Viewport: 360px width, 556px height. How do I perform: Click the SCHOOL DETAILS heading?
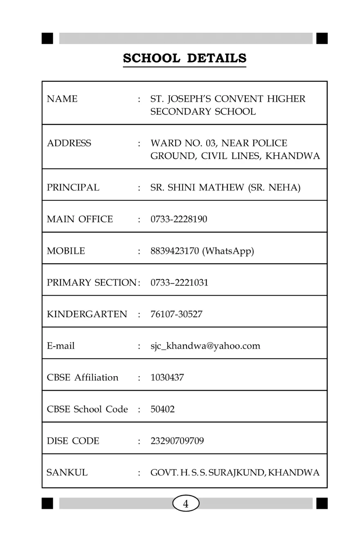pyautogui.click(x=184, y=58)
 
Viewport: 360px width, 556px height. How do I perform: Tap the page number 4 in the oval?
pyautogui.click(x=186, y=504)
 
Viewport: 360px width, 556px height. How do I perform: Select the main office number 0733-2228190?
pyautogui.click(x=179, y=220)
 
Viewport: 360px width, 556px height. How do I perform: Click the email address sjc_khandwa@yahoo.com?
pyautogui.click(x=205, y=346)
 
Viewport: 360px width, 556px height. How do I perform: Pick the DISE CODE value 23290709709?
pyautogui.click(x=177, y=441)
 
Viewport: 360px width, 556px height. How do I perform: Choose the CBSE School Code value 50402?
pyautogui.click(x=162, y=409)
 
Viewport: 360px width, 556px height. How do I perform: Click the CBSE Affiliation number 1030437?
pyautogui.click(x=167, y=378)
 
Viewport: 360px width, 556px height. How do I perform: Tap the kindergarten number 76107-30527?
pyautogui.click(x=176, y=315)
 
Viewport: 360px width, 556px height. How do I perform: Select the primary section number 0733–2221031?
pyautogui.click(x=179, y=282)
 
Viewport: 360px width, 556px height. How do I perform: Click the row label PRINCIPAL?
pyautogui.click(x=73, y=188)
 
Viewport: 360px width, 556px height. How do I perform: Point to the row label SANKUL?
pyautogui.click(x=67, y=473)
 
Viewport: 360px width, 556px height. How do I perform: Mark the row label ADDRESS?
pyautogui.click(x=69, y=143)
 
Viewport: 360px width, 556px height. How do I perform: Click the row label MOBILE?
pyautogui.click(x=66, y=251)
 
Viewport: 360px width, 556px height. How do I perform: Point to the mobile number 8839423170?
pyautogui.click(x=175, y=251)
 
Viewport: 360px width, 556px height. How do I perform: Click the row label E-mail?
pyautogui.click(x=61, y=346)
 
